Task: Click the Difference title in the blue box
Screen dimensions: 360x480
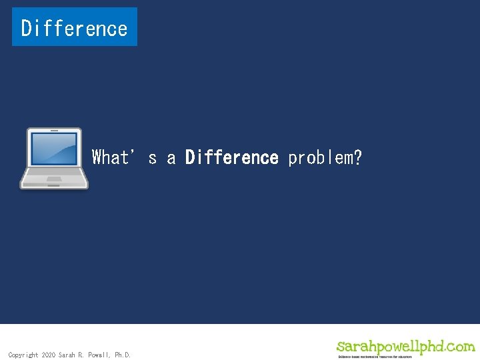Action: (x=74, y=28)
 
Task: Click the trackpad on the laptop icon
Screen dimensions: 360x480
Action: (x=54, y=179)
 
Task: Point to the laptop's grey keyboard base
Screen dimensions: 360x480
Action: (x=54, y=176)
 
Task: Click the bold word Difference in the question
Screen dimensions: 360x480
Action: (x=231, y=157)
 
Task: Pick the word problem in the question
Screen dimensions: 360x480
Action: (x=319, y=157)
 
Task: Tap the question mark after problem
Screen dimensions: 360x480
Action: (x=358, y=157)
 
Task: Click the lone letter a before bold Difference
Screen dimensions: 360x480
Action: (x=171, y=159)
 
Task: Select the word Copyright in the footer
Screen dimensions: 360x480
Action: (x=23, y=355)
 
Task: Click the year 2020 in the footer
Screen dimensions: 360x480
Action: (x=49, y=355)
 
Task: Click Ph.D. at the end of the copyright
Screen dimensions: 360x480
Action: (x=123, y=355)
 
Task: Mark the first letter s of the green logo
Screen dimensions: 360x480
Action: (x=341, y=347)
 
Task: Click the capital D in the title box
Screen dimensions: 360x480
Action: (x=27, y=28)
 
